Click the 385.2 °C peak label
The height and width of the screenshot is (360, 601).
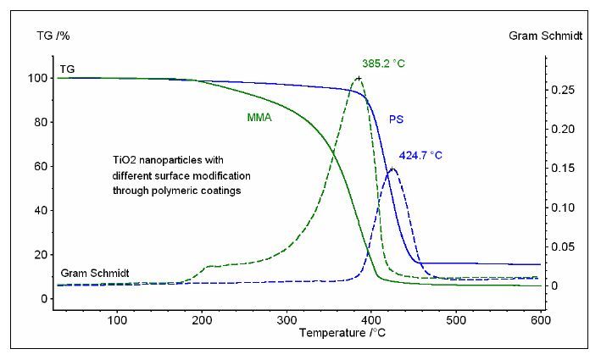pyautogui.click(x=381, y=63)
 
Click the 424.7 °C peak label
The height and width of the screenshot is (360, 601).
pyautogui.click(x=421, y=155)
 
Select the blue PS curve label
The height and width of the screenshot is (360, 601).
pyautogui.click(x=396, y=119)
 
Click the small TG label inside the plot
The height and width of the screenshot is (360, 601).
pyautogui.click(x=67, y=67)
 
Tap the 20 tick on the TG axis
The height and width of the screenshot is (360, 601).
pyautogui.click(x=38, y=254)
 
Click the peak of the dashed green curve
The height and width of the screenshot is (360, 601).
pyautogui.click(x=359, y=78)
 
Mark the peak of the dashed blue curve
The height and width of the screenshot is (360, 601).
pyautogui.click(x=392, y=169)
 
